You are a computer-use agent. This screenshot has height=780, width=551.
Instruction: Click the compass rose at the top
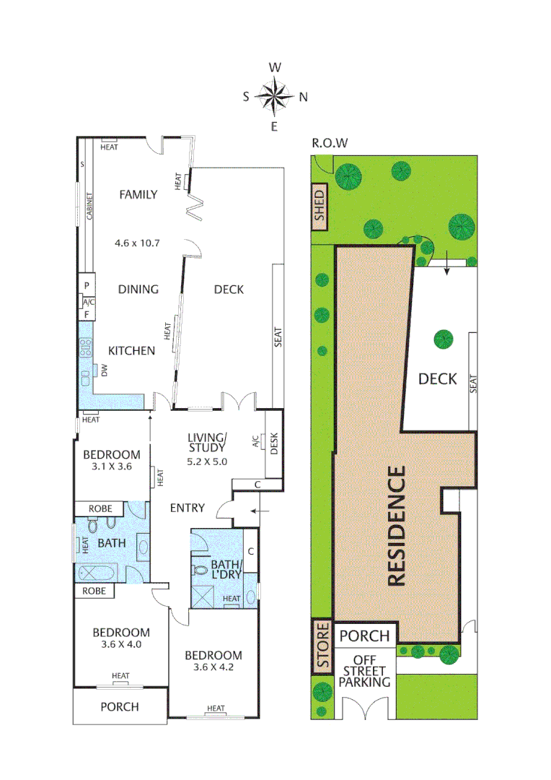(x=275, y=96)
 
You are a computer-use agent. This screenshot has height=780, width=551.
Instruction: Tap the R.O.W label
(x=330, y=143)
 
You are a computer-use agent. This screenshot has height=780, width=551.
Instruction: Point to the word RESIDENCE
(x=397, y=526)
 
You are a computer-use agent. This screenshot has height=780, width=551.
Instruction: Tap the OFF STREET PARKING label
(x=364, y=670)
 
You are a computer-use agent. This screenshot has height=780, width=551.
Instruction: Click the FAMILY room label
(x=138, y=194)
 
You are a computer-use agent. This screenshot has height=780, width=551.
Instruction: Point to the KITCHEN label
(x=131, y=351)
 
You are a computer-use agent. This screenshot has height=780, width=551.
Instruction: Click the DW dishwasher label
(x=104, y=371)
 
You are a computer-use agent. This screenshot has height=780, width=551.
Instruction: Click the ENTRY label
(x=187, y=508)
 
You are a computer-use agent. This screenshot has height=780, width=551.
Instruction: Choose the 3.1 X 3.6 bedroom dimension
(x=111, y=467)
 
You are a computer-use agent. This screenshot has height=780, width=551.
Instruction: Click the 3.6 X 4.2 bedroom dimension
(x=213, y=667)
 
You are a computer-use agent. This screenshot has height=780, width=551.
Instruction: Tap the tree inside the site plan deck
(x=443, y=338)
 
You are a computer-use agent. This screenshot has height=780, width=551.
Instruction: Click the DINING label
(x=138, y=290)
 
